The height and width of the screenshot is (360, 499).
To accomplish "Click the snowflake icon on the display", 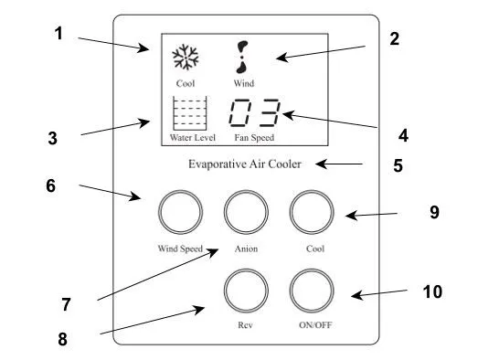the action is tap(186, 58).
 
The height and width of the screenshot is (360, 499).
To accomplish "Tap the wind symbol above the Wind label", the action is tap(242, 58).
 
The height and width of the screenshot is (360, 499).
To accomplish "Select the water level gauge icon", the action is tap(190, 113).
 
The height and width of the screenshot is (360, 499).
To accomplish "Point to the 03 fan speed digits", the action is tap(255, 112).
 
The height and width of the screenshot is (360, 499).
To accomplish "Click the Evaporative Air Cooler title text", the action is tap(245, 164).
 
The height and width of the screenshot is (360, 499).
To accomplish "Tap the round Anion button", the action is tap(246, 191).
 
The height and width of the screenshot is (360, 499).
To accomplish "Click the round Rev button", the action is tap(246, 270).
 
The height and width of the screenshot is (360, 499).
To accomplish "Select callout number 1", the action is tap(58, 34).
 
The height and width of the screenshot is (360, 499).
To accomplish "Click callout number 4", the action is tap(404, 135).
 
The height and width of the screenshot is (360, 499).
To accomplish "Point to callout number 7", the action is tap(66, 304).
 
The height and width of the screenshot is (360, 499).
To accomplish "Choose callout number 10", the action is tap(432, 291).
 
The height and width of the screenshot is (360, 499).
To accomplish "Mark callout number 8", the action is tap(63, 339).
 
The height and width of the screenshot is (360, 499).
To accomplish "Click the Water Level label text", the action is tap(193, 137).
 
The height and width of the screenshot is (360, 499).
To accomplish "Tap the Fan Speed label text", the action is tap(254, 137).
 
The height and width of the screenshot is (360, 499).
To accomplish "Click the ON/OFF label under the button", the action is tap(315, 325).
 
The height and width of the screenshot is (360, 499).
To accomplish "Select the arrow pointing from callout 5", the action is tap(339, 164).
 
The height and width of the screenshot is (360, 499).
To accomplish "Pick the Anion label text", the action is tap(246, 249).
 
